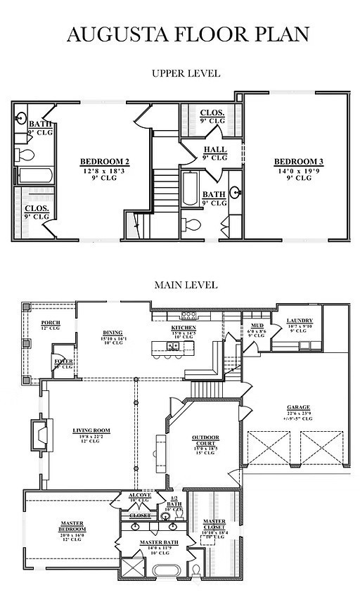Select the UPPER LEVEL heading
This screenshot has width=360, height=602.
tap(186, 73)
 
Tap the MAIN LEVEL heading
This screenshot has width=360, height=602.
tap(186, 285)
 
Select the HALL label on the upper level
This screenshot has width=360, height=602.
tap(214, 150)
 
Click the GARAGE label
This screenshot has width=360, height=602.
tap(298, 407)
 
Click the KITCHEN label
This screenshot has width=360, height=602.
tap(184, 328)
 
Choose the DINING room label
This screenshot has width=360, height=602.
tap(112, 333)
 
